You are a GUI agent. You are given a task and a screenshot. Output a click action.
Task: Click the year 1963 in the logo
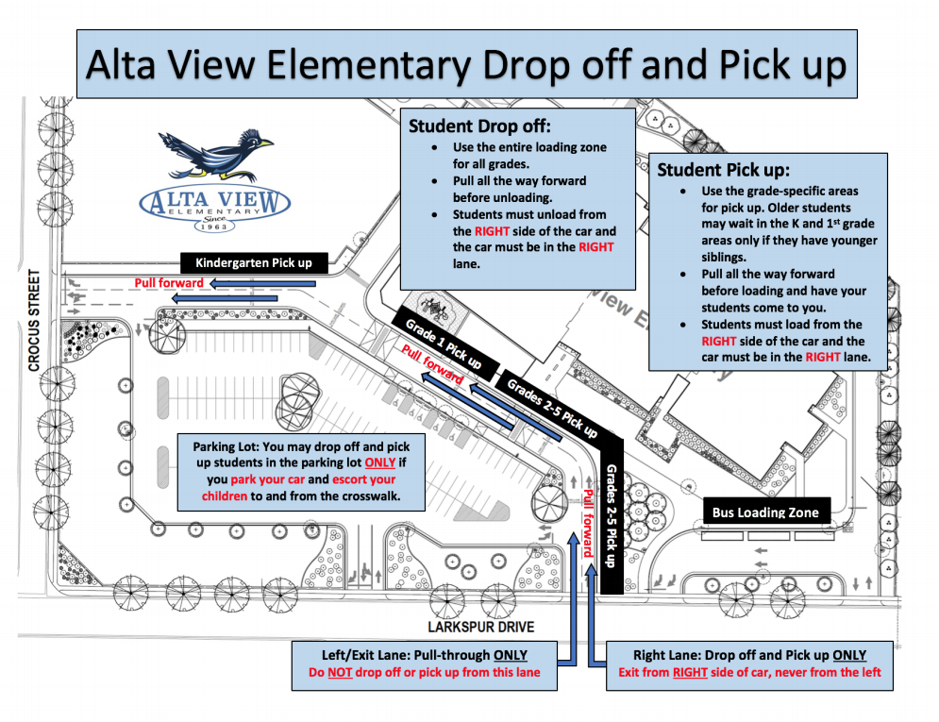(214, 226)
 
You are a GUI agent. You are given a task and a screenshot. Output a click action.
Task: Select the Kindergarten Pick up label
(254, 263)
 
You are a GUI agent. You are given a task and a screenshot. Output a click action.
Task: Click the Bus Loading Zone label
(764, 512)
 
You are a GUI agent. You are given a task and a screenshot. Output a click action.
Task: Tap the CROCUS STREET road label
(33, 321)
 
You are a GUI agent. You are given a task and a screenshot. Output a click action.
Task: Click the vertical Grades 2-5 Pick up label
(610, 515)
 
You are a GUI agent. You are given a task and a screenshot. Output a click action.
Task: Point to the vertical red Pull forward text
(586, 523)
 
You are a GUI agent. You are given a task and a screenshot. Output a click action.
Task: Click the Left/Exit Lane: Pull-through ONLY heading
(424, 655)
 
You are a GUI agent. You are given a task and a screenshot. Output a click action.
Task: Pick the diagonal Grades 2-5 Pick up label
(552, 408)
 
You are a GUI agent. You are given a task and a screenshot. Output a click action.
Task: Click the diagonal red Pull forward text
(432, 364)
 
